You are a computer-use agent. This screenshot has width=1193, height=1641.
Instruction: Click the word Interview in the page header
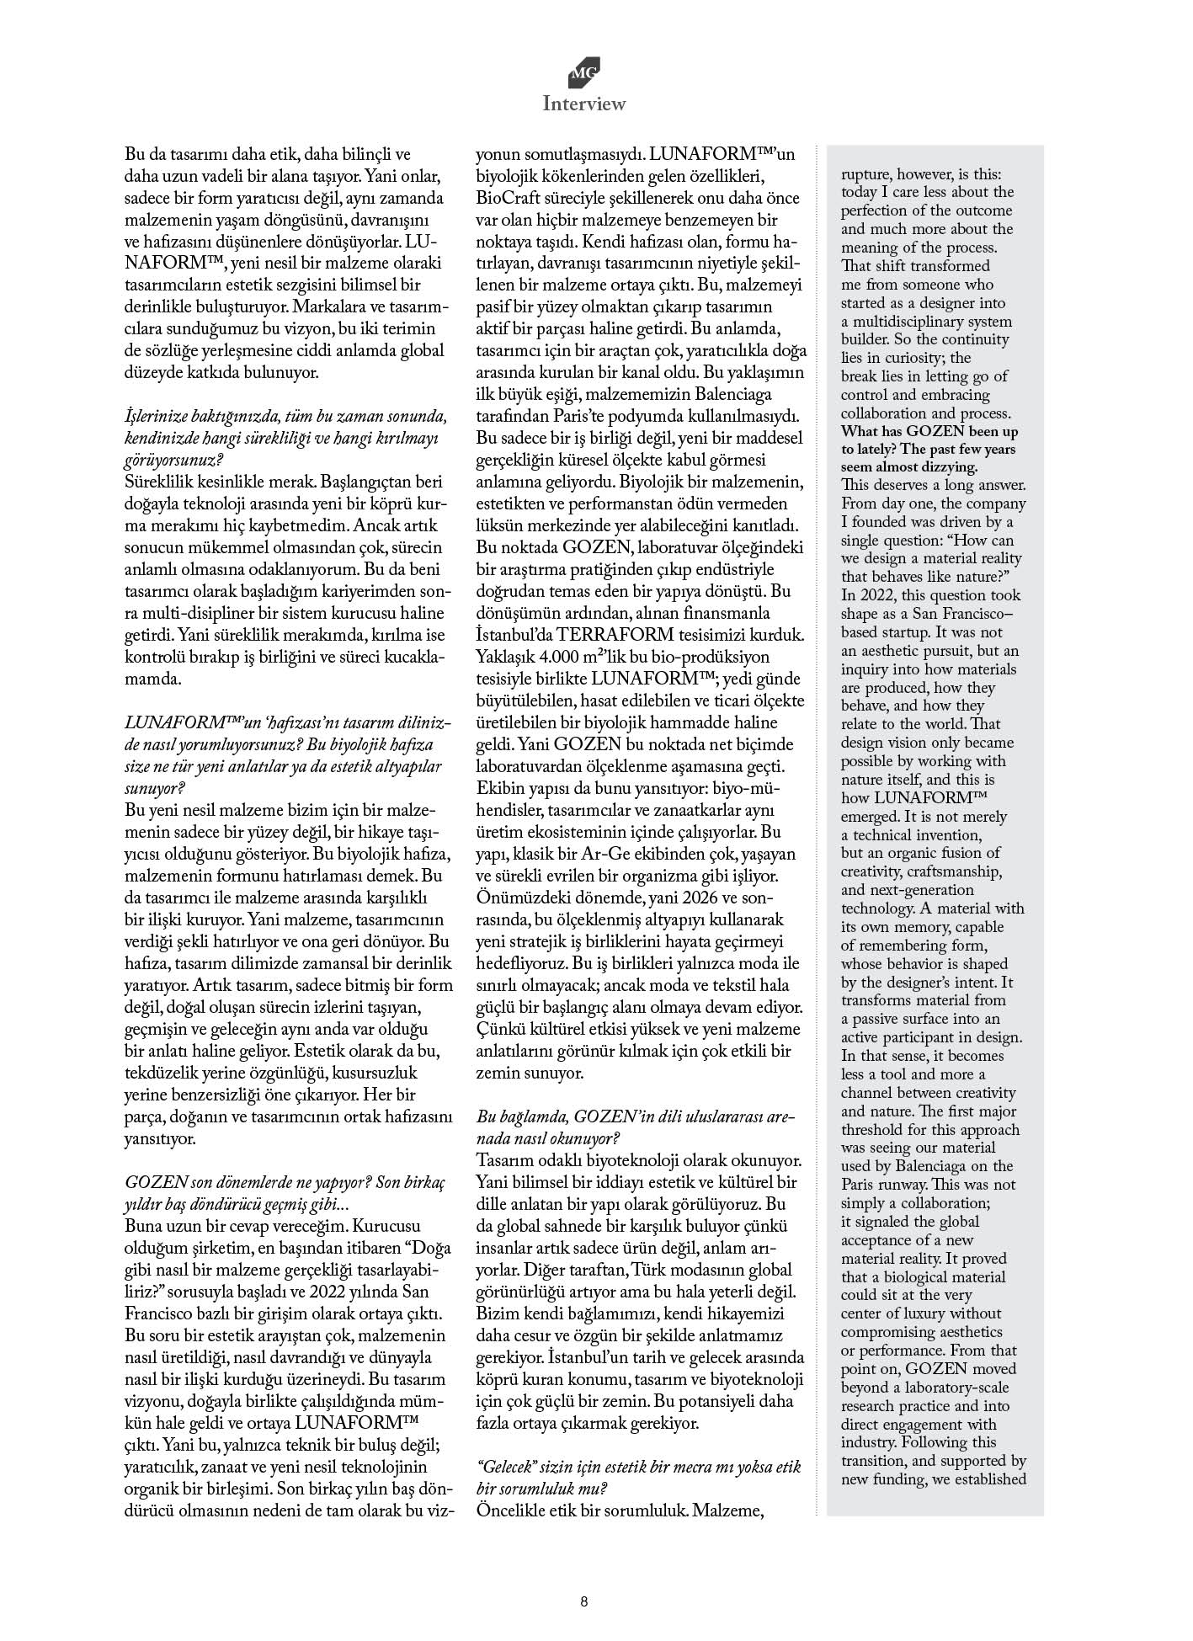pyautogui.click(x=583, y=104)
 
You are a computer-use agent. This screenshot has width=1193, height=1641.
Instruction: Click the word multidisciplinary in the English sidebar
pyautogui.click(x=909, y=322)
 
